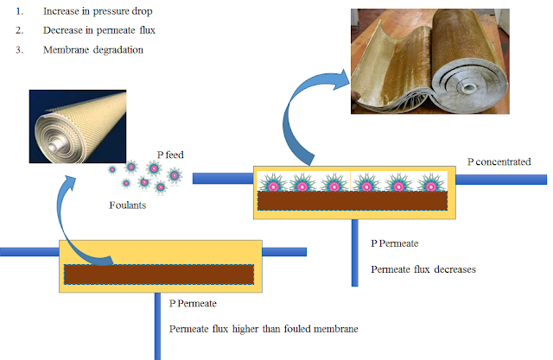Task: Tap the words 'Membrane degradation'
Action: pos(93,49)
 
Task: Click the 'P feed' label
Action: pos(169,155)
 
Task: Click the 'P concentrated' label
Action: pos(499,161)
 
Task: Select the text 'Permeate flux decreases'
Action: pos(423,268)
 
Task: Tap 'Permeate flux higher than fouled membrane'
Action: pos(263,328)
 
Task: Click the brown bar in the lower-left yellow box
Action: pos(158,275)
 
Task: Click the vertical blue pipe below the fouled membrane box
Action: pos(354,250)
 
